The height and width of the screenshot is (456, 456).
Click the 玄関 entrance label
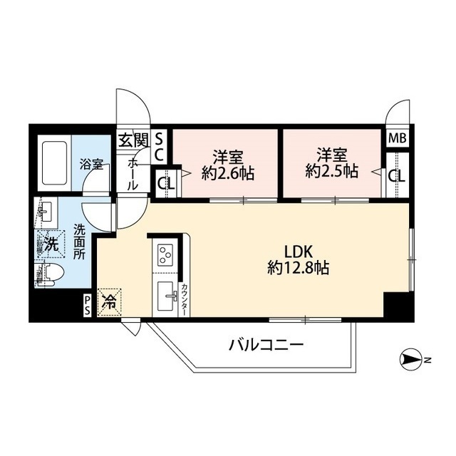[134, 141]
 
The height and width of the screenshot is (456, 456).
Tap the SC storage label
[159, 147]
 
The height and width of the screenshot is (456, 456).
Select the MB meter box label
[398, 138]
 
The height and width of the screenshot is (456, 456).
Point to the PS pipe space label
[87, 305]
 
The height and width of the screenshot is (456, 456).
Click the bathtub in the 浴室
[54, 163]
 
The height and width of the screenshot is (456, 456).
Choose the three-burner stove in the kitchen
[165, 255]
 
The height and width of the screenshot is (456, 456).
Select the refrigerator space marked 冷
[109, 302]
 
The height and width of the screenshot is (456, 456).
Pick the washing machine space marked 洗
[51, 244]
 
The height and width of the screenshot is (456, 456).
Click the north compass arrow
[410, 361]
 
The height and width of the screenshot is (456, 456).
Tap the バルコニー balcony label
[266, 345]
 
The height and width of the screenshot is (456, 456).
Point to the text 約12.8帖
[298, 268]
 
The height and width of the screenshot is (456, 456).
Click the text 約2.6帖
[228, 174]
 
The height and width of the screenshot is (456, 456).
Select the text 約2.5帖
[331, 171]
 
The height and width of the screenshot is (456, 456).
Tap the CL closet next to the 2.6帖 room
[166, 184]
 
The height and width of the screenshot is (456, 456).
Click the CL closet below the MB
[398, 175]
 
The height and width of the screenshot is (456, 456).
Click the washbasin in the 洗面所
[46, 209]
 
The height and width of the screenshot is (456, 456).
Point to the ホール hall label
[133, 174]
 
